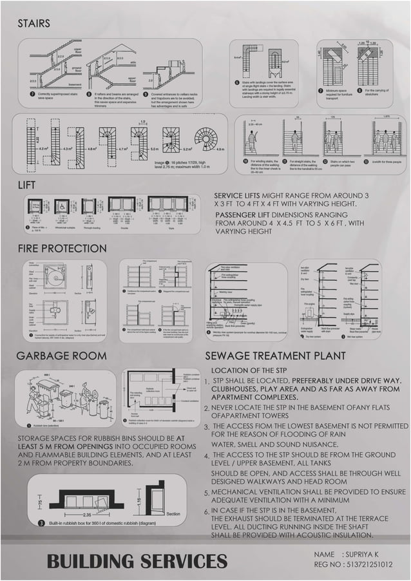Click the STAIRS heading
33,24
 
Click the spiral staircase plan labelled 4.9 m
206,138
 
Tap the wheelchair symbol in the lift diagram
62,206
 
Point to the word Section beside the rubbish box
173,514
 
